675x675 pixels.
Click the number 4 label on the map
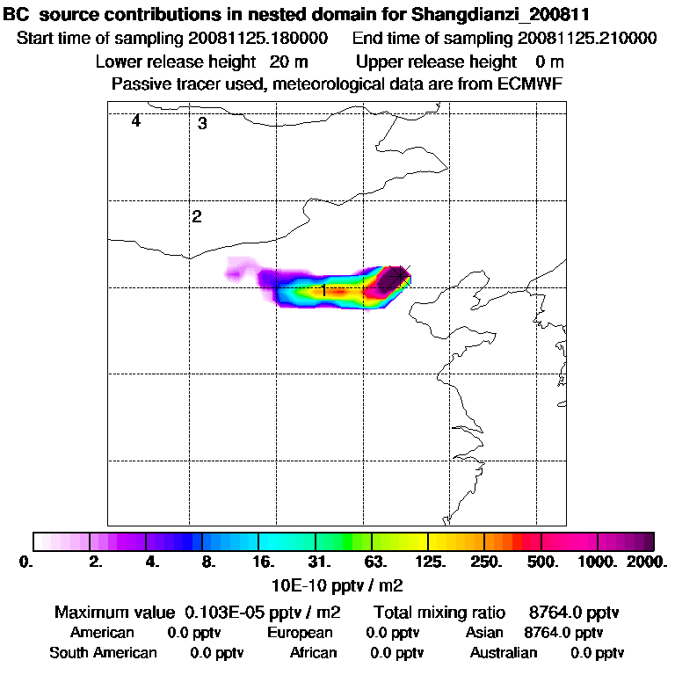click(136, 121)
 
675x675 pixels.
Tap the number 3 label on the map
click(202, 124)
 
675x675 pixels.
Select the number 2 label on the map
click(197, 216)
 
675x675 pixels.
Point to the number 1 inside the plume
click(323, 289)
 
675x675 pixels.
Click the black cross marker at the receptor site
click(400, 274)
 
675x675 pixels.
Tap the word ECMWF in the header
click(531, 83)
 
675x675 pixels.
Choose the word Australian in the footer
click(504, 653)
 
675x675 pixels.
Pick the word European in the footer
click(300, 633)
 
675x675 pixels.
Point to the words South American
click(103, 653)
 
